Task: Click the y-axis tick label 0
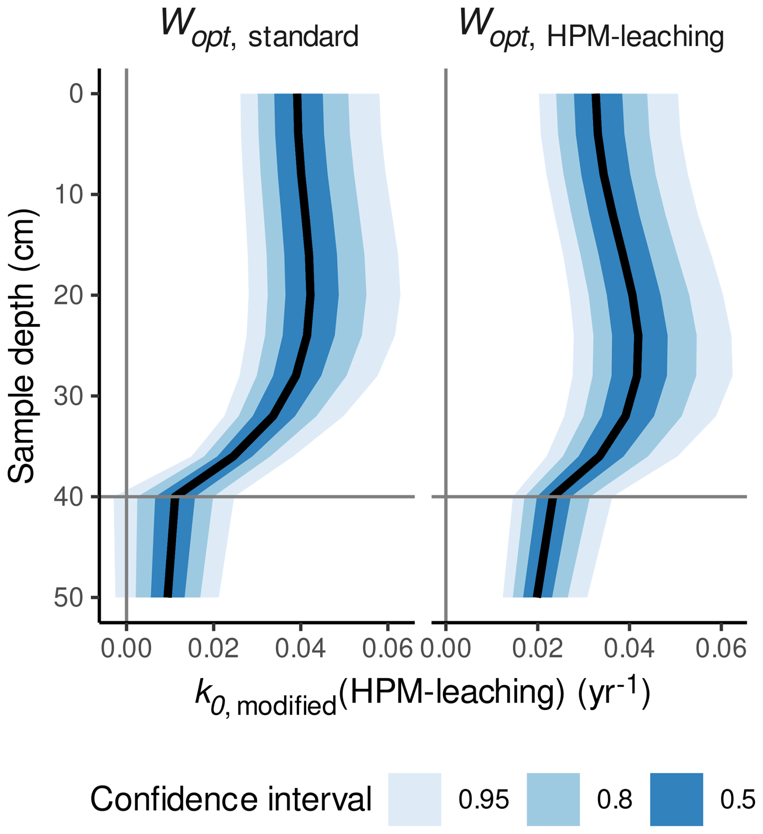pyautogui.click(x=77, y=94)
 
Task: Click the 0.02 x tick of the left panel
pyautogui.click(x=213, y=649)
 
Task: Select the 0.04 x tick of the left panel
pyautogui.click(x=300, y=649)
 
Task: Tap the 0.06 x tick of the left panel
pyautogui.click(x=387, y=649)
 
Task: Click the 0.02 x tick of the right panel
pyautogui.click(x=538, y=649)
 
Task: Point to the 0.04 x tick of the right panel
pyautogui.click(x=629, y=649)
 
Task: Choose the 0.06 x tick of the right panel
pyautogui.click(x=721, y=649)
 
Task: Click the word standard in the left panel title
pyautogui.click(x=303, y=37)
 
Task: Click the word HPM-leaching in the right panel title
pyautogui.click(x=635, y=37)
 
